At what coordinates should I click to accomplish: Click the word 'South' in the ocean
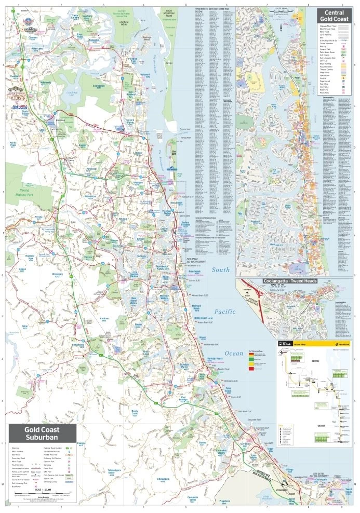point(220,270)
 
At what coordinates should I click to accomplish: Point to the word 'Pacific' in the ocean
point(224,311)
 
